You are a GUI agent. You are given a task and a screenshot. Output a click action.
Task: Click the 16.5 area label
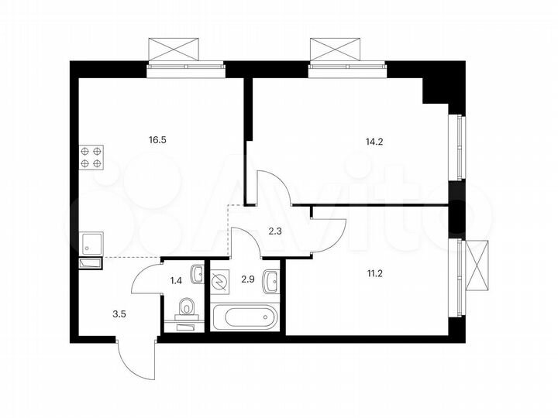coord(157,140)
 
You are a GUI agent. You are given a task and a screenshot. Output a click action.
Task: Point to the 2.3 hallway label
coord(275,229)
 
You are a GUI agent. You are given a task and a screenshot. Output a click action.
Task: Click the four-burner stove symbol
coord(91,157)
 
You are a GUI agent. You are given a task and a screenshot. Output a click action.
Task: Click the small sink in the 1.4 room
coord(198,273)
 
